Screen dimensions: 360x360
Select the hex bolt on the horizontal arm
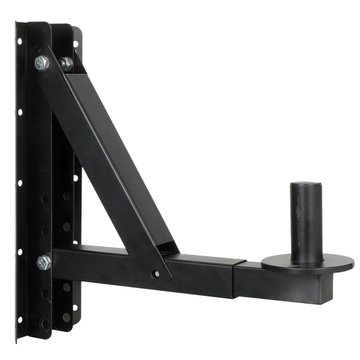click(43, 262)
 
